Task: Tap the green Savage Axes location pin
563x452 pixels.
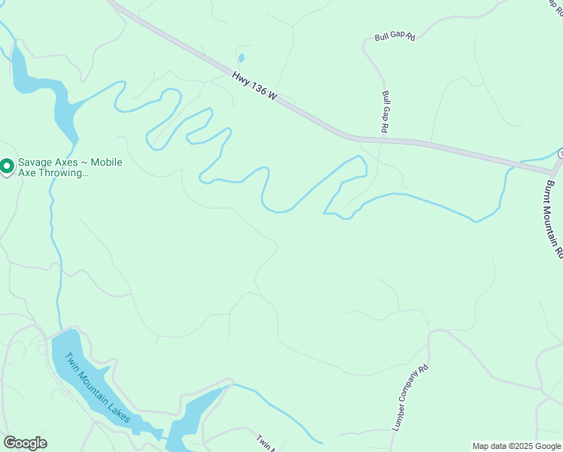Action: [x=8, y=166]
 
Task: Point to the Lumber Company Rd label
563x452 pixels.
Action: [x=410, y=397]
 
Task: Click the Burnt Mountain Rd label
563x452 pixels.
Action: [x=554, y=219]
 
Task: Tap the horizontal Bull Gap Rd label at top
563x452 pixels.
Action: [x=394, y=36]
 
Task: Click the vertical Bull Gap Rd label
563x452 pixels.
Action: [x=385, y=112]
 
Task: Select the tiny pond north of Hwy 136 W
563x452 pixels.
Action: [x=241, y=58]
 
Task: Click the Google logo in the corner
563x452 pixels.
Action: [x=25, y=443]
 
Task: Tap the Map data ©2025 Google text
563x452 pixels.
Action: [x=517, y=446]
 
